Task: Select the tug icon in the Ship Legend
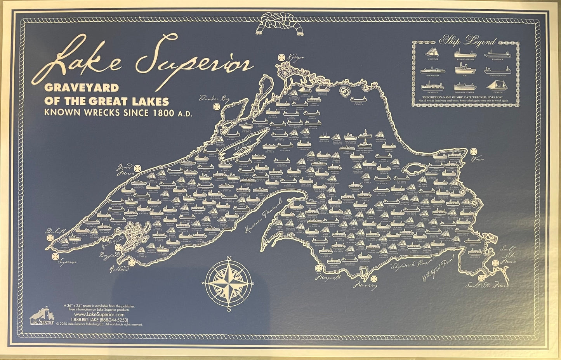pyautogui.click(x=463, y=69)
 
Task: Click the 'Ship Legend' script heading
pyautogui.click(x=467, y=41)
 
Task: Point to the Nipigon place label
pyautogui.click(x=297, y=57)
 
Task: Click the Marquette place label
pyautogui.click(x=331, y=278)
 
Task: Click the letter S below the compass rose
pyautogui.click(x=229, y=309)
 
